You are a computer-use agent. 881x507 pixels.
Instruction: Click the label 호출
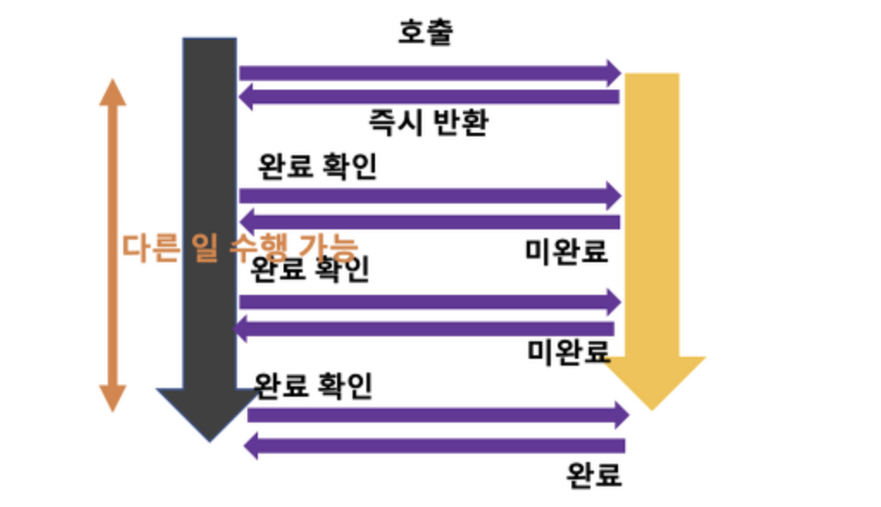point(425,32)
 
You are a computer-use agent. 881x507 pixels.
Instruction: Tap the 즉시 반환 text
point(428,122)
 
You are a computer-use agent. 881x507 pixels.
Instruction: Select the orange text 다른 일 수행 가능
point(239,247)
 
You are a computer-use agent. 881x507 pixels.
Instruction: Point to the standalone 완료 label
point(594,473)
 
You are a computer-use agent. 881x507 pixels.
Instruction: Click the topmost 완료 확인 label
point(317,166)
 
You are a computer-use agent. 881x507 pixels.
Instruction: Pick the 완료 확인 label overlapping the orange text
point(309,270)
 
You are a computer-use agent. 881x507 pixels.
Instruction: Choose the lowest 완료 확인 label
point(314,385)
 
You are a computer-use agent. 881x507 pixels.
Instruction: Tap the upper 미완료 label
point(566,251)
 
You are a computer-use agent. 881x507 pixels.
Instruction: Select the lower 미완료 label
point(569,350)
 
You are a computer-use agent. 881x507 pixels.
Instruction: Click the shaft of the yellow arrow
point(652,216)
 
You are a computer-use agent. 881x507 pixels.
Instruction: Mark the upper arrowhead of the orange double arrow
point(111,93)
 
